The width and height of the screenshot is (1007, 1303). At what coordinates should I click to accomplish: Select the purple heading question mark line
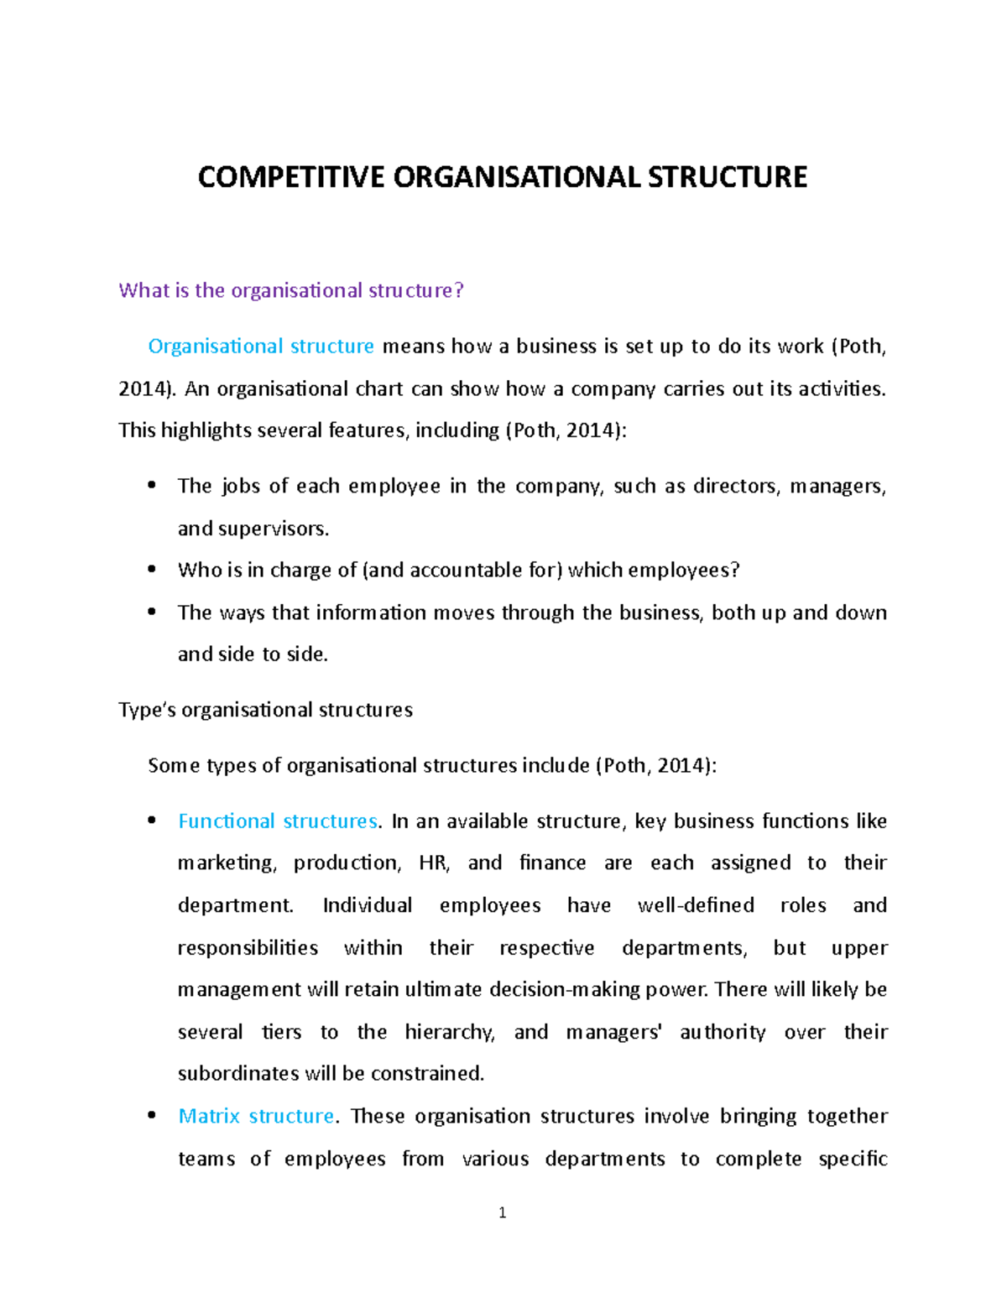(290, 290)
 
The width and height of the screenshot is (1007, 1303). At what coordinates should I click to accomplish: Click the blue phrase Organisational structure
(261, 347)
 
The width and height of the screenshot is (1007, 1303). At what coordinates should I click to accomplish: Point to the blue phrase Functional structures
(278, 821)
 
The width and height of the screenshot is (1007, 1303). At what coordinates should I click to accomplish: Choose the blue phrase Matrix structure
(256, 1117)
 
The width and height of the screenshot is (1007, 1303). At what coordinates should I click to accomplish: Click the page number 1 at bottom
(502, 1212)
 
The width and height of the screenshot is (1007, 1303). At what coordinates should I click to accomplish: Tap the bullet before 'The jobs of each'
(152, 485)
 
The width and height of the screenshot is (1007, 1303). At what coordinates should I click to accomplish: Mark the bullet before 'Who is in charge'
(152, 569)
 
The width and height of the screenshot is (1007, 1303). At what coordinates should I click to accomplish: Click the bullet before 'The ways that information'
(152, 612)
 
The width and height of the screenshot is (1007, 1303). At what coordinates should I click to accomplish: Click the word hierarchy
(449, 1033)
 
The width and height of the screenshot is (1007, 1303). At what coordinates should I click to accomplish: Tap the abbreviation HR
(433, 863)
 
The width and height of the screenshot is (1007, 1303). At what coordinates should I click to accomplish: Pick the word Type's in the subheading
(147, 711)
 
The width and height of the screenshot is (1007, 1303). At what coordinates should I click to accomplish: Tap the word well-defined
(696, 905)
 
